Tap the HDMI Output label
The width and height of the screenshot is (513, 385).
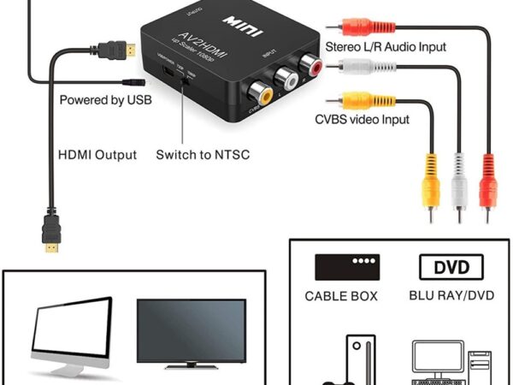coord(97,155)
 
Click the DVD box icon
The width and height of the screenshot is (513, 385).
coord(451,267)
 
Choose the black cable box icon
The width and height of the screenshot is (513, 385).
coord(347,267)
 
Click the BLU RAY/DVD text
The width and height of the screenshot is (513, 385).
coord(451,297)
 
